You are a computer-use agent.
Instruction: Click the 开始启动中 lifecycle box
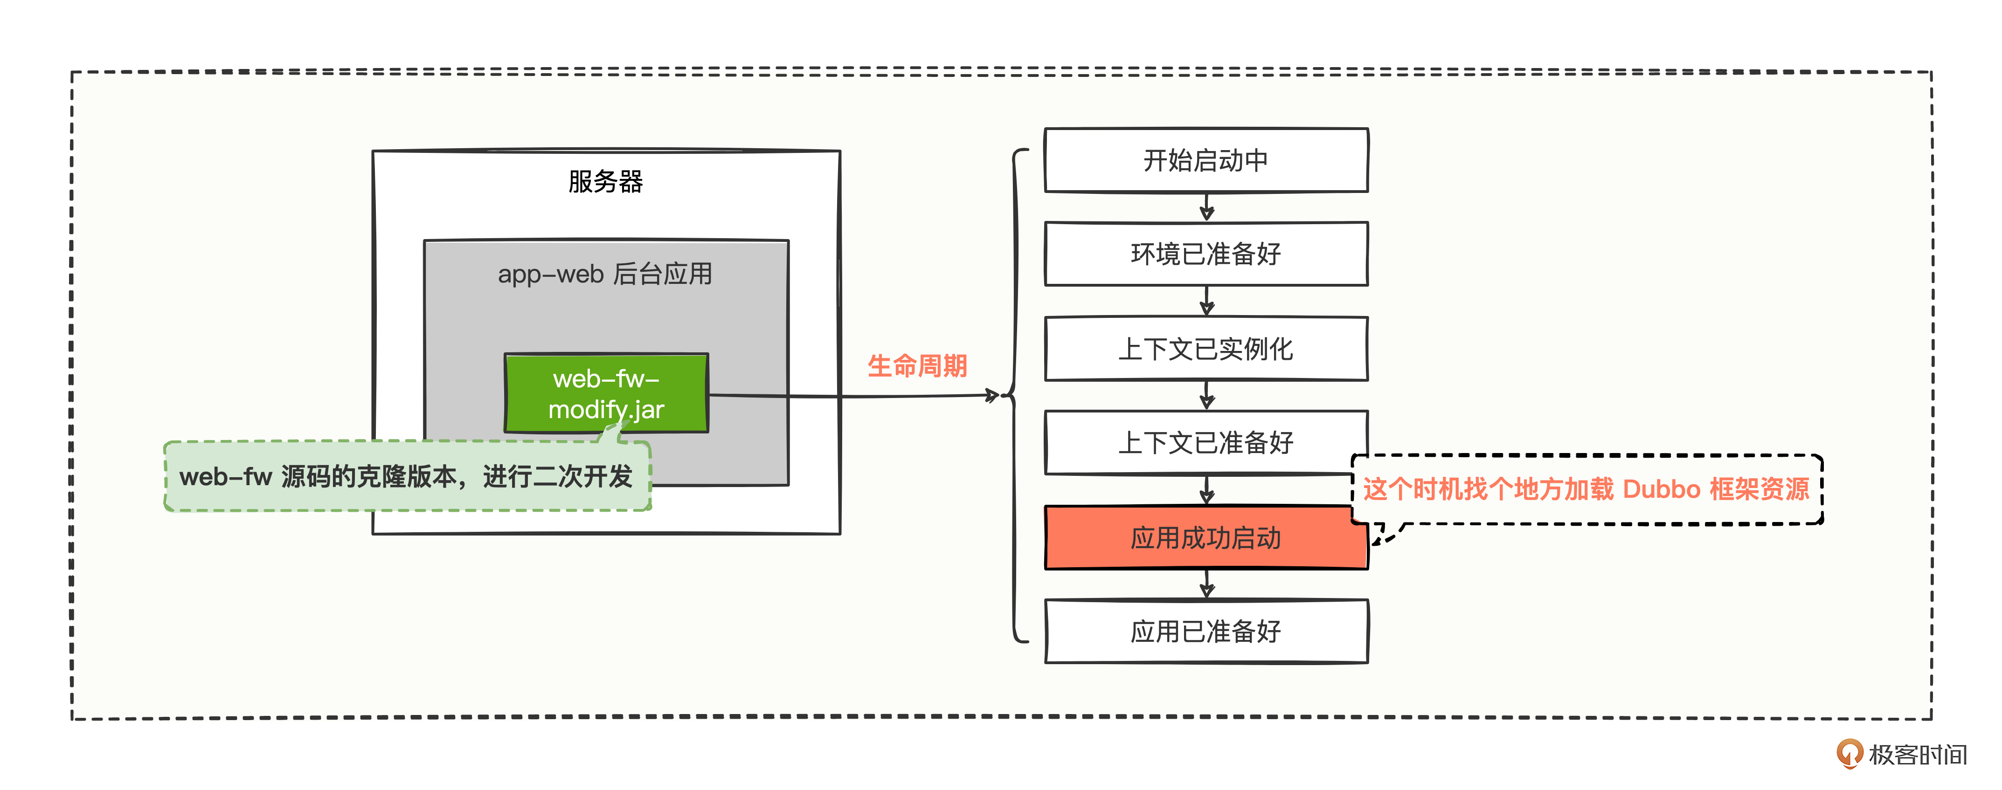coord(1205,160)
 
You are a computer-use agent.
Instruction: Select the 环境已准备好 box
coord(1205,254)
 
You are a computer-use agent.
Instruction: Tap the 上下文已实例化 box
coord(1205,349)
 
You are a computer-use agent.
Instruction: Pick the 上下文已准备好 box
coord(1205,443)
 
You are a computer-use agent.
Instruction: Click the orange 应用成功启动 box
coord(1205,537)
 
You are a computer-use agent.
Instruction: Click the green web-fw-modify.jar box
coord(606,393)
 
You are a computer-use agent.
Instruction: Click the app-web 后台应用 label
coord(605,274)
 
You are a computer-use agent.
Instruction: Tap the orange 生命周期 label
coord(917,366)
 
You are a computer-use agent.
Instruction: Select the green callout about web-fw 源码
coord(407,476)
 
